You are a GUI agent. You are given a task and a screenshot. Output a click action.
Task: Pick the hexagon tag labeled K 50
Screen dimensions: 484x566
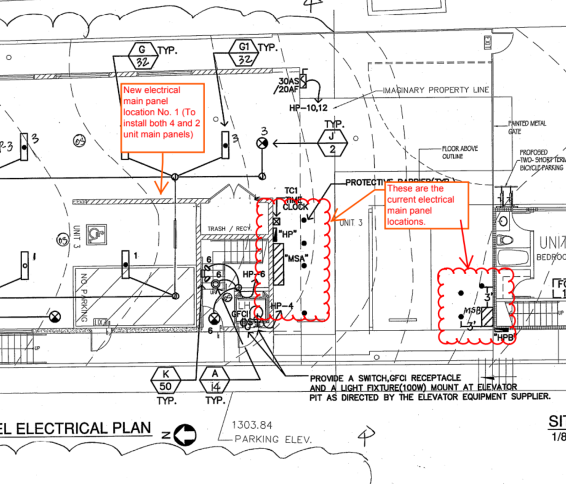[165, 379]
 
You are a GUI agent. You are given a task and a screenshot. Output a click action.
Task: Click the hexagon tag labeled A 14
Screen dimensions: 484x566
[216, 379]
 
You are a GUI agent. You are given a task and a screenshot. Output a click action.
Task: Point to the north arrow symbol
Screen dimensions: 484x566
[185, 434]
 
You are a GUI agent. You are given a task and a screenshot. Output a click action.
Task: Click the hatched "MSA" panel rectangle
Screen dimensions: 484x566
[278, 265]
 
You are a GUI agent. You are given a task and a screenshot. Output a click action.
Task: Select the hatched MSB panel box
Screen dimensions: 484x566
[486, 317]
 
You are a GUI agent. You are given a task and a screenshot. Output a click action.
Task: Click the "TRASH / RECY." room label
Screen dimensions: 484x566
[229, 228]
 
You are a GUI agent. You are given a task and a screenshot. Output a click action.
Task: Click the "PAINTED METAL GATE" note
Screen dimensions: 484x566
[526, 128]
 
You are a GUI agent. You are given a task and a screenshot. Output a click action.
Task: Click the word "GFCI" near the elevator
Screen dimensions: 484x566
[239, 313]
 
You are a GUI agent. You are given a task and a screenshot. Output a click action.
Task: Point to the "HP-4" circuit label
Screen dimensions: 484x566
[282, 306]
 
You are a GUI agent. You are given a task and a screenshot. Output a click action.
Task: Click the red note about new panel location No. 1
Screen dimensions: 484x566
[163, 113]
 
